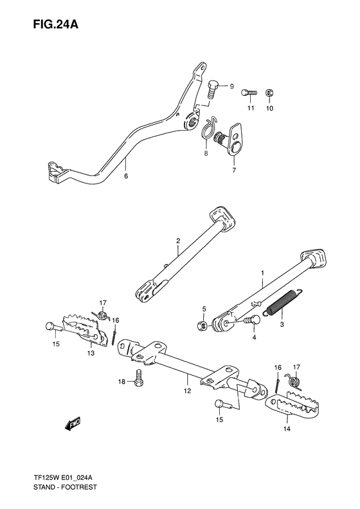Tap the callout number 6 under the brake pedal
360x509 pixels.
[x=126, y=175]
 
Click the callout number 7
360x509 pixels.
[x=234, y=171]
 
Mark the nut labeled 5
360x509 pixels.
[x=204, y=326]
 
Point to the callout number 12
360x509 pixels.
[x=187, y=389]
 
